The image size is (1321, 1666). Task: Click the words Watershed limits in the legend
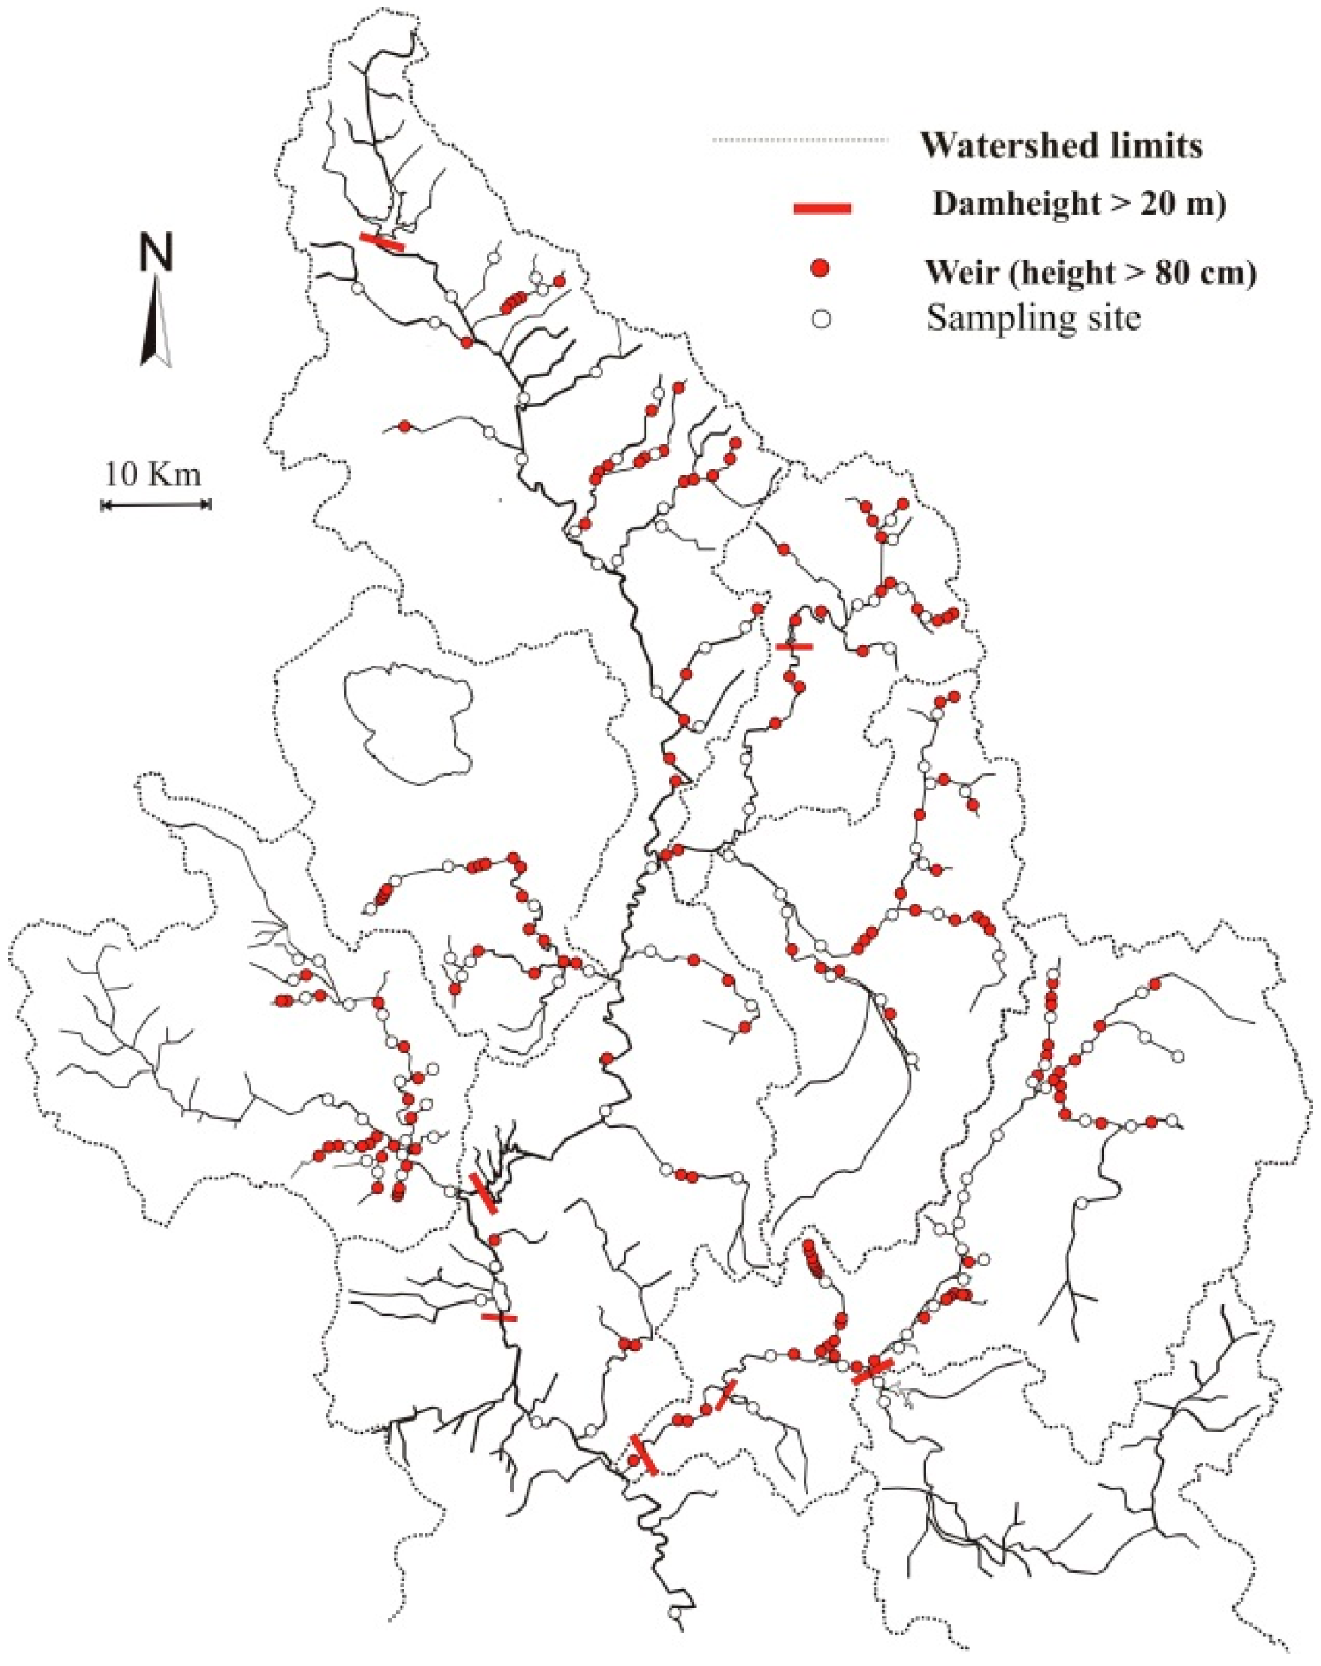click(1062, 146)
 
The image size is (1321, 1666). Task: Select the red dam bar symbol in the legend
click(822, 207)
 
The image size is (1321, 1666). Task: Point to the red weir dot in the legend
click(822, 268)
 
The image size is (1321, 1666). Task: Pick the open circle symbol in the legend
click(822, 318)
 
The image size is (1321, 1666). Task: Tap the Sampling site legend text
click(1033, 318)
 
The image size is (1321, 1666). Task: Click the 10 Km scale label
click(153, 473)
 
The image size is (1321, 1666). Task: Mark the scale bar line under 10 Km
click(156, 504)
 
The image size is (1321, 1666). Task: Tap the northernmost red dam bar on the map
click(382, 242)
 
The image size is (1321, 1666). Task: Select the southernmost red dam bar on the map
click(643, 1455)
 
